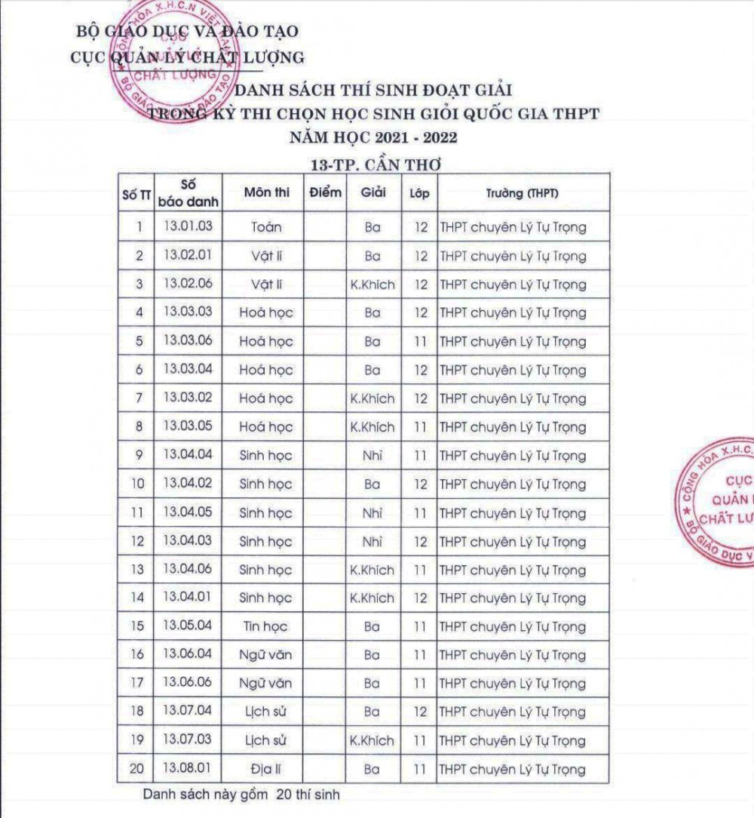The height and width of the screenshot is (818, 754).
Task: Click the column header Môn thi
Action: (267, 193)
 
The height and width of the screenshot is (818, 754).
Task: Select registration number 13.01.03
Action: (188, 226)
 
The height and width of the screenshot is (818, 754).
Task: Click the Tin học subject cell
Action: (265, 627)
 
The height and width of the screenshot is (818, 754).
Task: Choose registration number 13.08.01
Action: (188, 769)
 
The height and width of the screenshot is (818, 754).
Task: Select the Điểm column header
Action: (326, 192)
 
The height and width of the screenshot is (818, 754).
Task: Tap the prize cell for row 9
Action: (372, 456)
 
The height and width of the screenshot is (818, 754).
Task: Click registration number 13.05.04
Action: (188, 626)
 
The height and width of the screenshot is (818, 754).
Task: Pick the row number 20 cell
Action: (137, 770)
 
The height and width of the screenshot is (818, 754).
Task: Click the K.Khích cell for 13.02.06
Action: (372, 284)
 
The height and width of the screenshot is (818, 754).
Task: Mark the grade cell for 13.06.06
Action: (421, 684)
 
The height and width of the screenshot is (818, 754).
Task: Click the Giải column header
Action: (372, 192)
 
